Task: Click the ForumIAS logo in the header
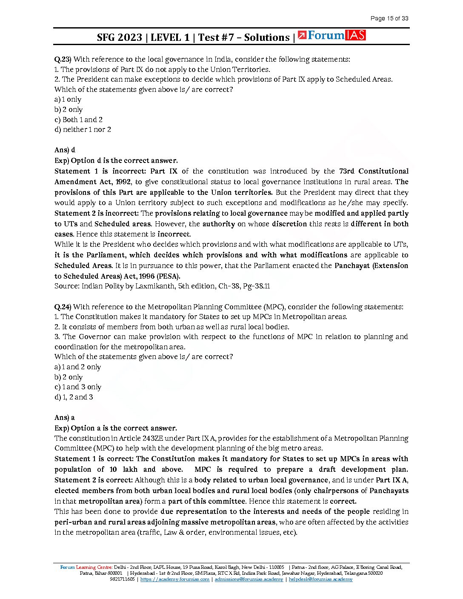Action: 332,35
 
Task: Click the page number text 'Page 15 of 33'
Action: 389,18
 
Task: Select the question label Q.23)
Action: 63,59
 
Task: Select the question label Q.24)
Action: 63,307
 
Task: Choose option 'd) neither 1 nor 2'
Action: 83,129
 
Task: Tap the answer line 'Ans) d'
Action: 65,150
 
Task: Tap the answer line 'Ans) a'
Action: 64,417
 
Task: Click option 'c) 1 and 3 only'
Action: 78,387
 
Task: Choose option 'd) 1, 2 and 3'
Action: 74,397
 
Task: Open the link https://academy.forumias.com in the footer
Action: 174,579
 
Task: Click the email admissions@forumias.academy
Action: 249,579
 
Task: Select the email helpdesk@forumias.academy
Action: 320,579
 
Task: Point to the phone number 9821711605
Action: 122,579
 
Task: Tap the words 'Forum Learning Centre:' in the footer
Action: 86,567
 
